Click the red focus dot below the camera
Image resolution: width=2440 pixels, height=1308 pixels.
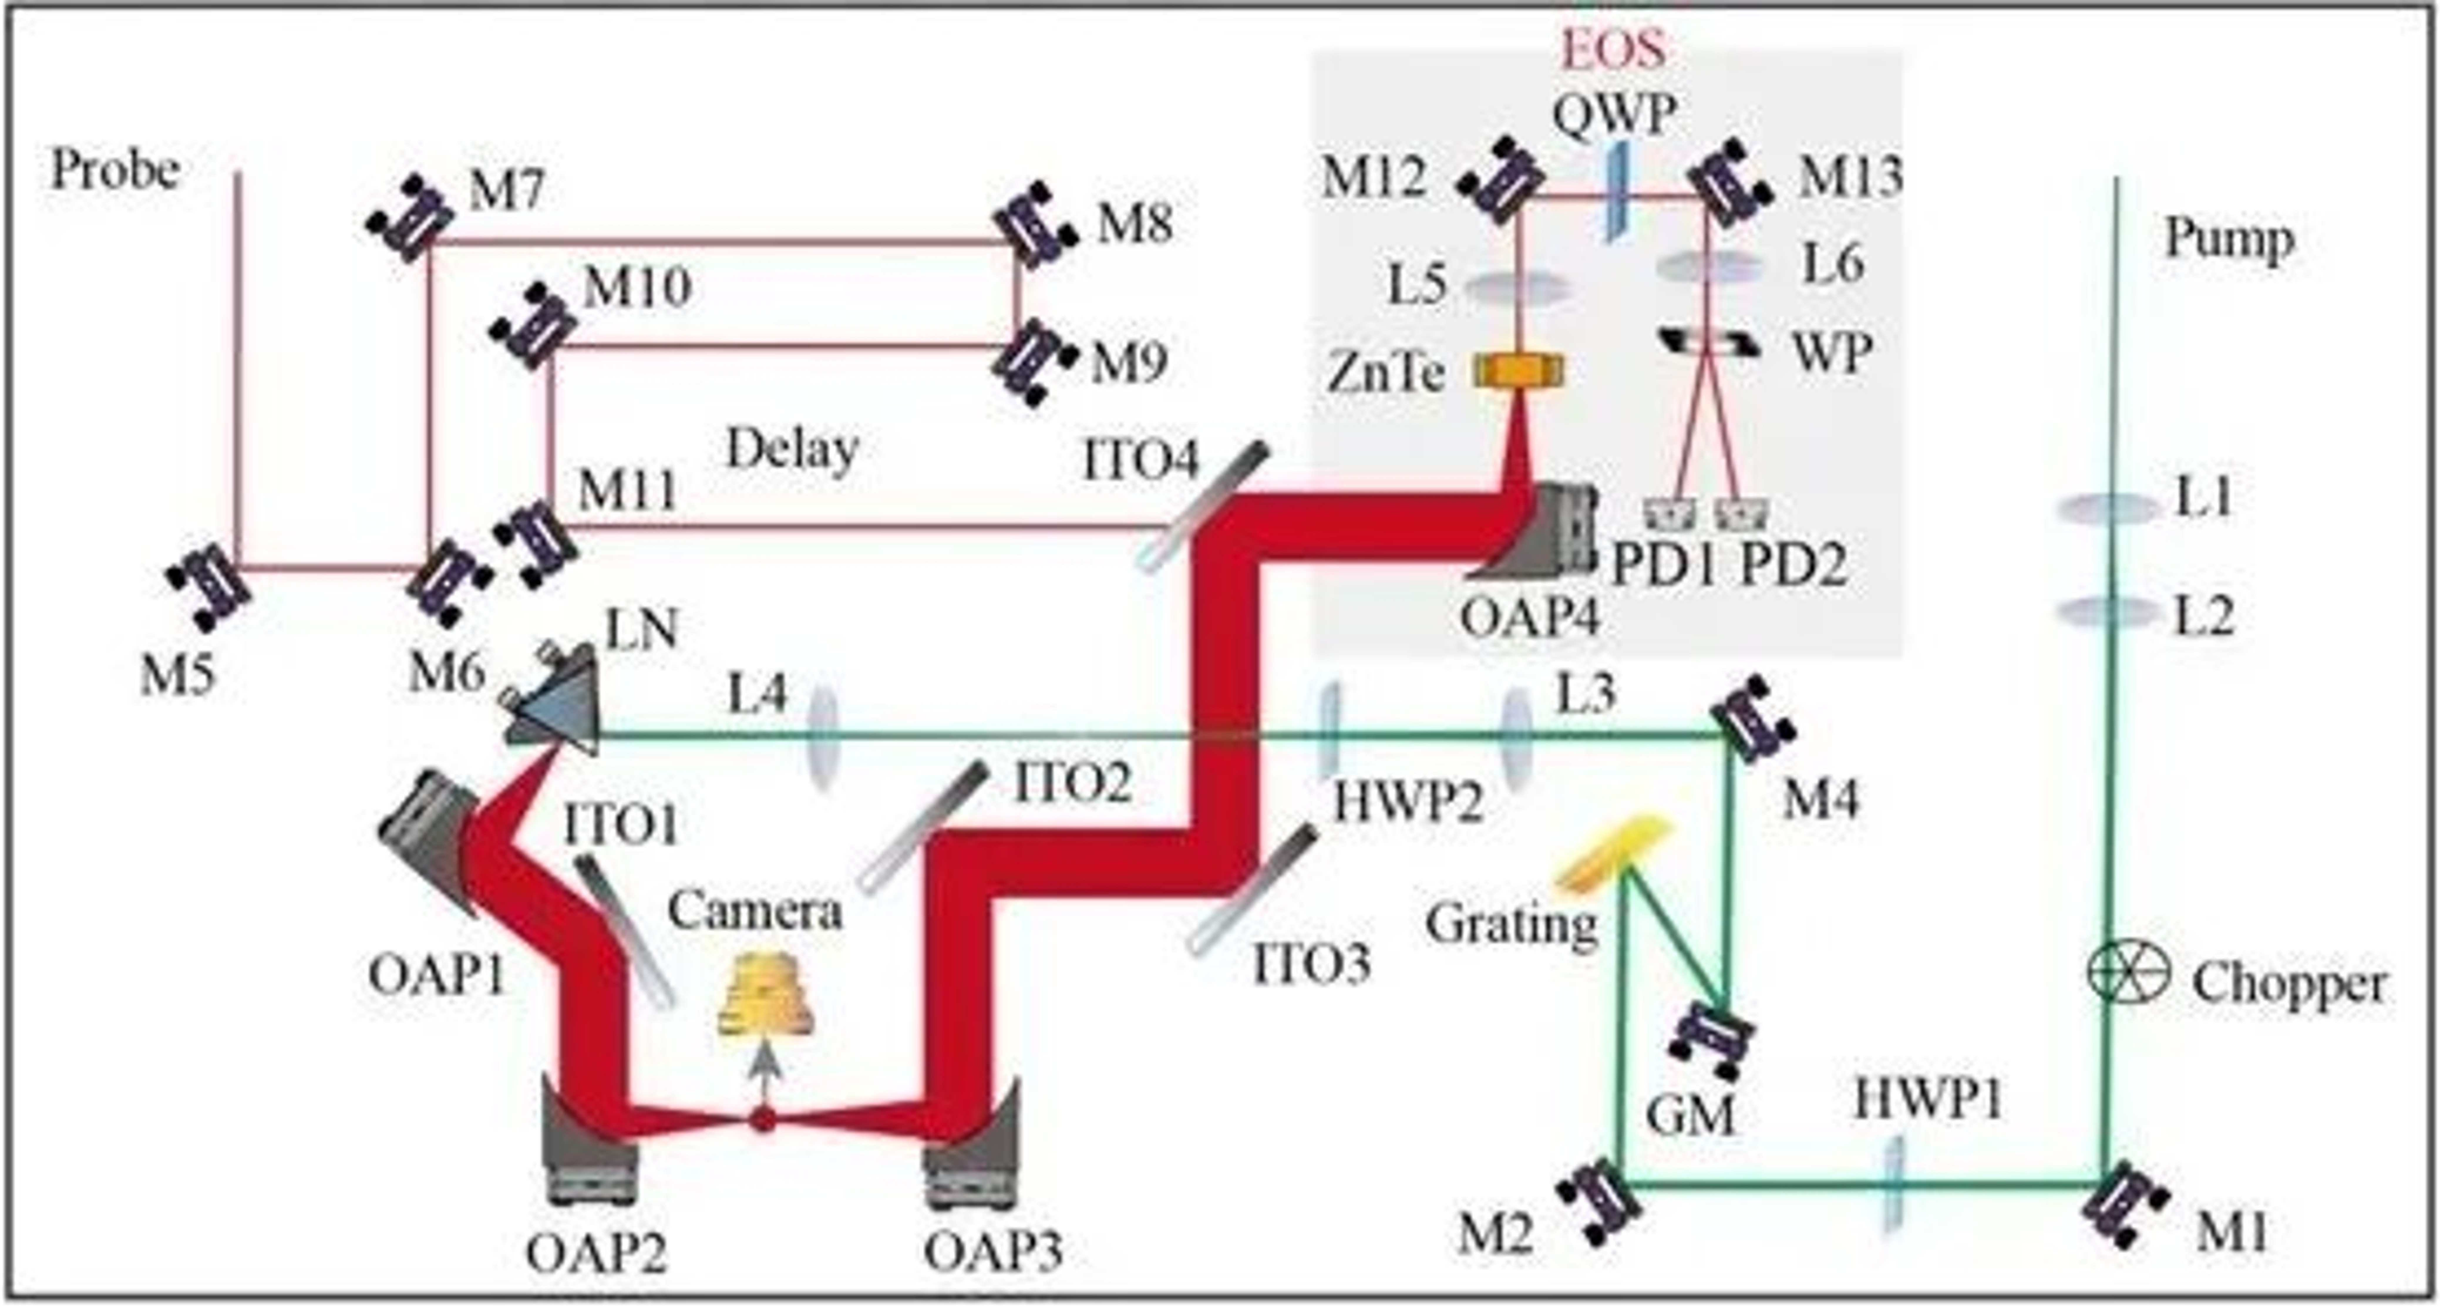click(x=763, y=1120)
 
